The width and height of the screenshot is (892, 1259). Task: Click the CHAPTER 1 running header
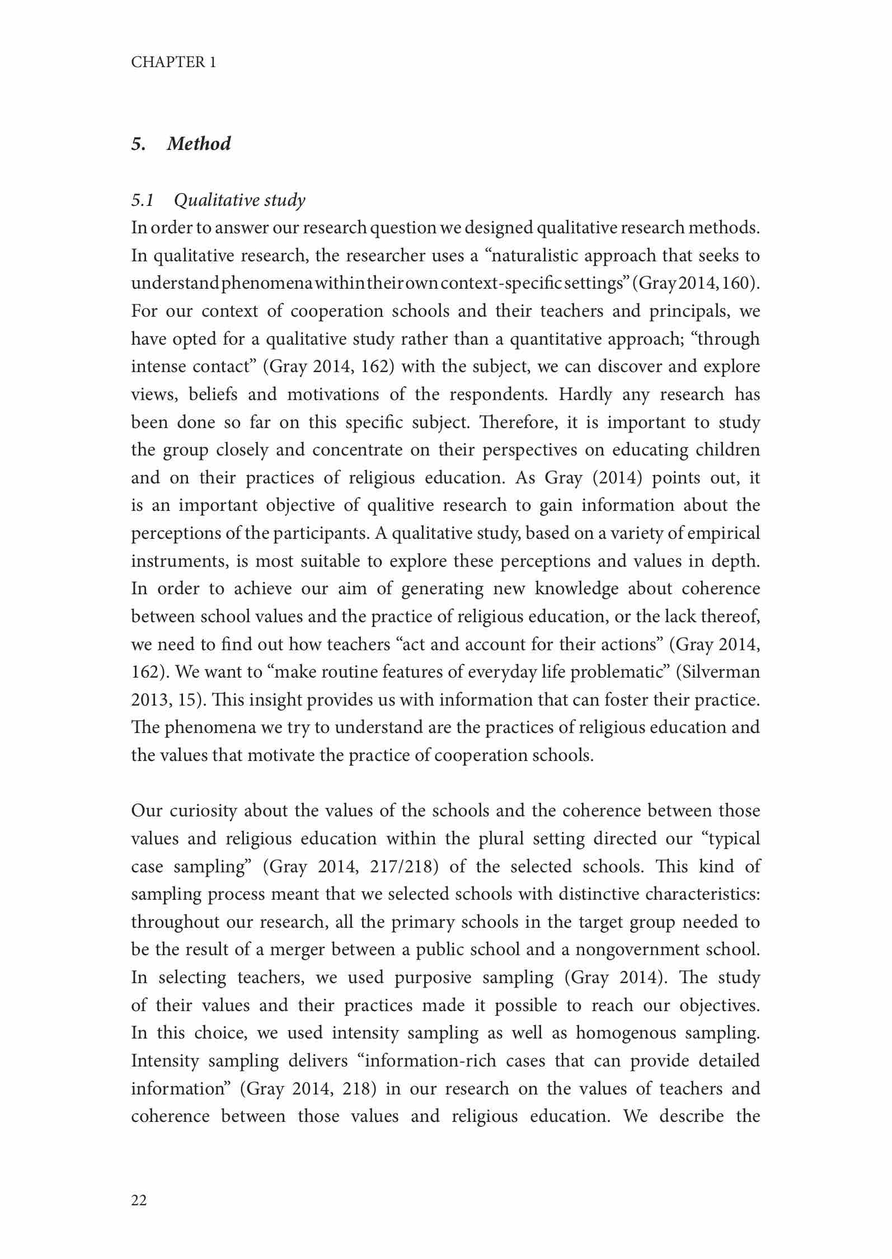(173, 62)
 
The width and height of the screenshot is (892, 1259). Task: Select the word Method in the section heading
(199, 144)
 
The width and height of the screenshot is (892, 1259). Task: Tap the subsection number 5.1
(143, 200)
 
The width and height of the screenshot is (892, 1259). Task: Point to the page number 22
(139, 1200)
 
